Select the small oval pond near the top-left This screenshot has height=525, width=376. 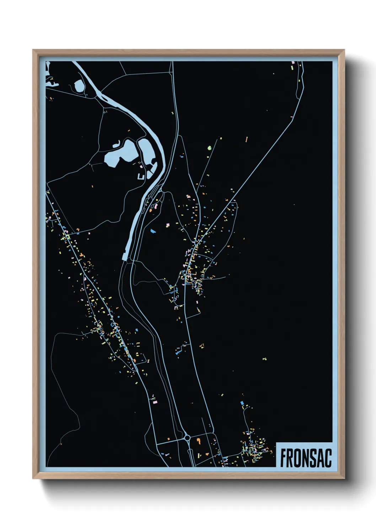(79, 85)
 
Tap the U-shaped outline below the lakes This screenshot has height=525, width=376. (141, 176)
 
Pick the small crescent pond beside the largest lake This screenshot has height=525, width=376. (116, 144)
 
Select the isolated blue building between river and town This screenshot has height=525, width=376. (153, 231)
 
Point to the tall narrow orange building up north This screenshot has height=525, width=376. (247, 139)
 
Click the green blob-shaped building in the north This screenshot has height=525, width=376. (209, 147)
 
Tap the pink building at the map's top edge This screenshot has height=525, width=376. (293, 62)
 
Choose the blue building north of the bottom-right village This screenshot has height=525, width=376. (242, 403)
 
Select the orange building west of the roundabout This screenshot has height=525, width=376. (168, 439)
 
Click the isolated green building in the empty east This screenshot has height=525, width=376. (264, 359)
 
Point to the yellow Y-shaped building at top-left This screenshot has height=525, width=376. (51, 78)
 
